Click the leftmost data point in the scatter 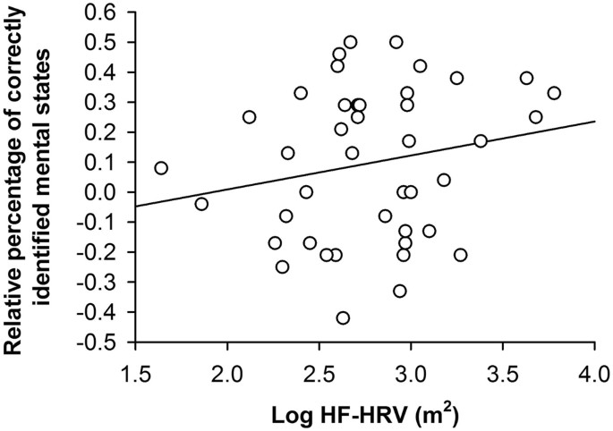pos(161,168)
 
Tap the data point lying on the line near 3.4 pos(481,141)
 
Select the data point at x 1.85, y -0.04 pos(201,204)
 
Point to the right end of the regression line pos(594,121)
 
